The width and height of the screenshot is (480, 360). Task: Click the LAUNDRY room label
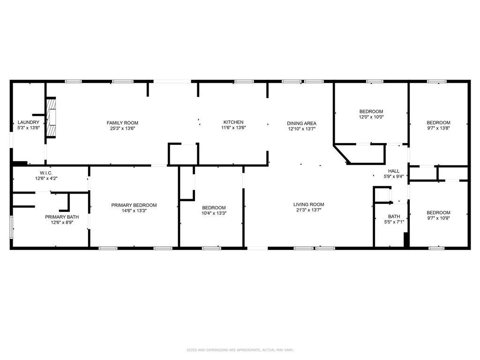click(28, 122)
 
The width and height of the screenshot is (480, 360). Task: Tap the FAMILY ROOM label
click(122, 123)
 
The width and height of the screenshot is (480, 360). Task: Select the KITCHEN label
click(233, 122)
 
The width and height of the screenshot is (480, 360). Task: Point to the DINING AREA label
click(301, 123)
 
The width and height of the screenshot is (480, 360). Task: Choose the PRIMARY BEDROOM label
click(134, 205)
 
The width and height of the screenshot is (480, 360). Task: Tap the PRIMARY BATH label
click(59, 217)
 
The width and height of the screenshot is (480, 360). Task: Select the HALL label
click(394, 171)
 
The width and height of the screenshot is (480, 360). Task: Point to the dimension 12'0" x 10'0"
click(371, 117)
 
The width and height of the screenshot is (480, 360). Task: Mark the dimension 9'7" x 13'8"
click(438, 128)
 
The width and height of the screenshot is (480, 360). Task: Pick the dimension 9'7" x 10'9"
click(438, 218)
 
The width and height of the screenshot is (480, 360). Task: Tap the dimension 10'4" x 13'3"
click(214, 213)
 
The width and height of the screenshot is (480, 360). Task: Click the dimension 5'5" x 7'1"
click(394, 222)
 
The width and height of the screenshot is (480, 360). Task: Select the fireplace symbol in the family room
click(52, 119)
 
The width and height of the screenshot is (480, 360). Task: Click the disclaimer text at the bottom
click(240, 350)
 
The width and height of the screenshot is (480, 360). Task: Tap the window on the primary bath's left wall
click(12, 227)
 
